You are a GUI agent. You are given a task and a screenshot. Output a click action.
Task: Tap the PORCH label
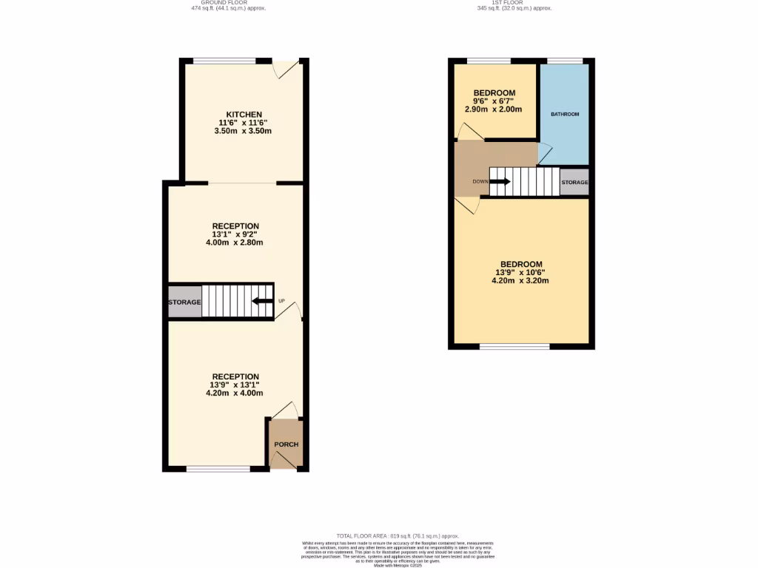pos(286,444)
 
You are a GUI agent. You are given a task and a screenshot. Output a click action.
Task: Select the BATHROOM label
pos(565,115)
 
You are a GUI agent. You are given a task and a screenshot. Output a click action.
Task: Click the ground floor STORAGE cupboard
pos(184,302)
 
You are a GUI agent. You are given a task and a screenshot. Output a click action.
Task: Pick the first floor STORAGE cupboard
pos(574,182)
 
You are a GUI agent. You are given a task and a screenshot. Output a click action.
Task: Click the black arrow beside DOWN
pos(500,182)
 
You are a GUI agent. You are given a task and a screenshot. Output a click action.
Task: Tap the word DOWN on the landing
pos(480,182)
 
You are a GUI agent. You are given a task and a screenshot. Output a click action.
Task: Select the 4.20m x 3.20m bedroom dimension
pos(520,281)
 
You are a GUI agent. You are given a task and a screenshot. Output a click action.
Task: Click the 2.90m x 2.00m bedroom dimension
pos(494,109)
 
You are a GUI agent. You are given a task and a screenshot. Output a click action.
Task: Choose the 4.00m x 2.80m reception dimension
pos(235,243)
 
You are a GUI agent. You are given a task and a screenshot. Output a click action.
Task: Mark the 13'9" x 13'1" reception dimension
pos(235,385)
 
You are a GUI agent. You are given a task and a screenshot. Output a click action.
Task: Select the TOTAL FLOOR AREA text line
pos(398,535)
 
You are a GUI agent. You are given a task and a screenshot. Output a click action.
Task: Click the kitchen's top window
pos(226,60)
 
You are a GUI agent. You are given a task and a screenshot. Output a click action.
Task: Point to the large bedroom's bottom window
pos(514,346)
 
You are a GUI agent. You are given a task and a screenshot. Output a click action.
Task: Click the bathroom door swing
pos(545,153)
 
